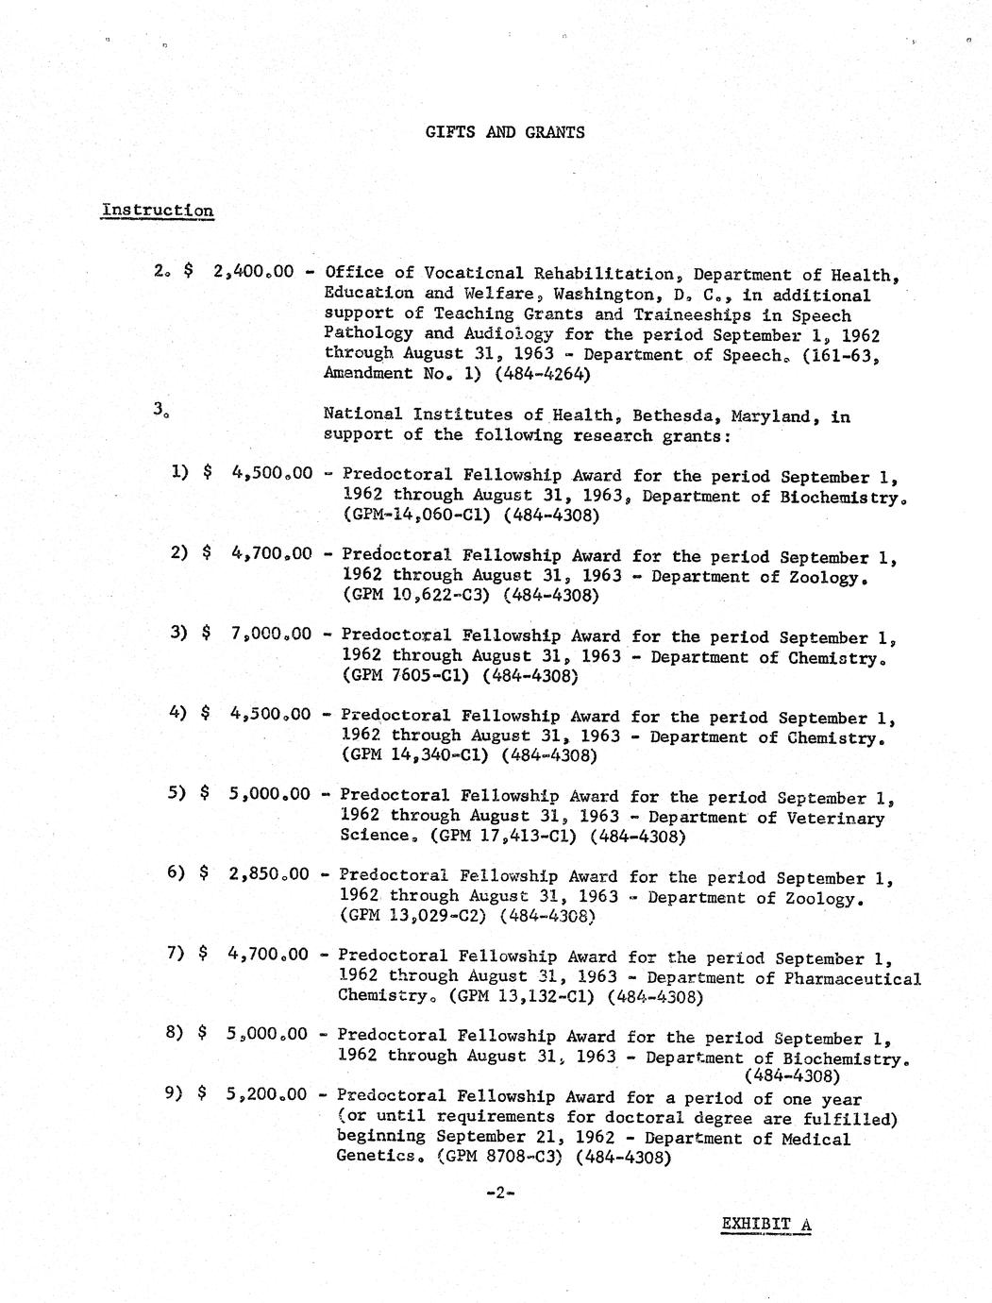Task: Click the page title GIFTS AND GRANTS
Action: (504, 132)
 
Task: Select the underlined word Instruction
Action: (158, 210)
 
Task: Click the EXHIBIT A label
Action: (765, 1226)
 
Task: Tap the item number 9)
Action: (174, 1094)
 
